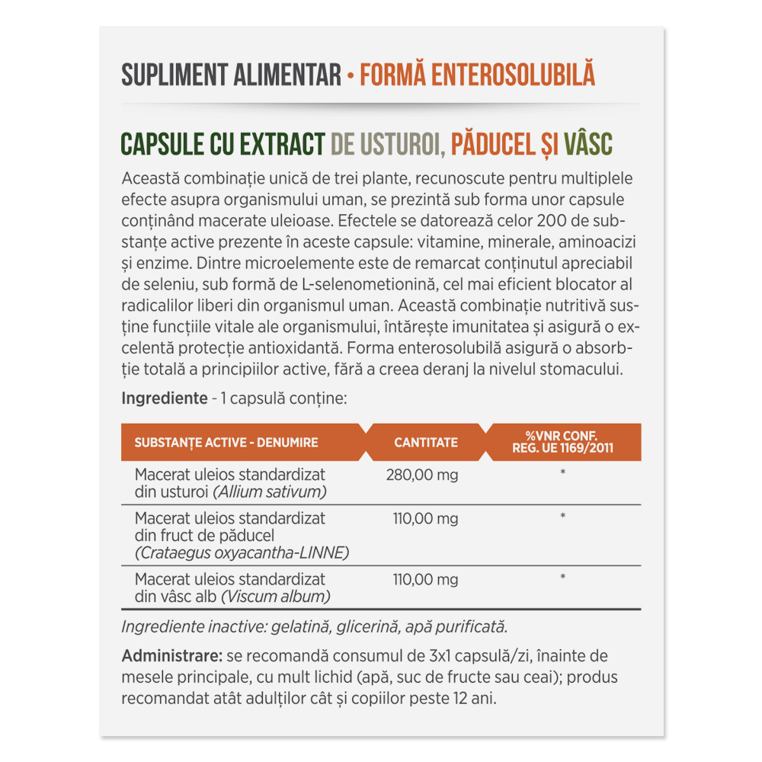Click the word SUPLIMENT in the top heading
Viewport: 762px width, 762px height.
(163, 75)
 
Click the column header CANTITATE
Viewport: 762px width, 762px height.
(426, 442)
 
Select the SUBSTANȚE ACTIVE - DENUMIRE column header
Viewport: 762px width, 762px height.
(226, 442)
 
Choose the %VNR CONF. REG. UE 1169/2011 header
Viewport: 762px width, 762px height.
(564, 442)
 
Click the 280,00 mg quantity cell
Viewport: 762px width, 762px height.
(422, 475)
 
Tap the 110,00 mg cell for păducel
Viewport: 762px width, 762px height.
(425, 519)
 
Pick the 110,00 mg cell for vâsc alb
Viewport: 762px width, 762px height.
(425, 580)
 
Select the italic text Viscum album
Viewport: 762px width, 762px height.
(276, 597)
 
